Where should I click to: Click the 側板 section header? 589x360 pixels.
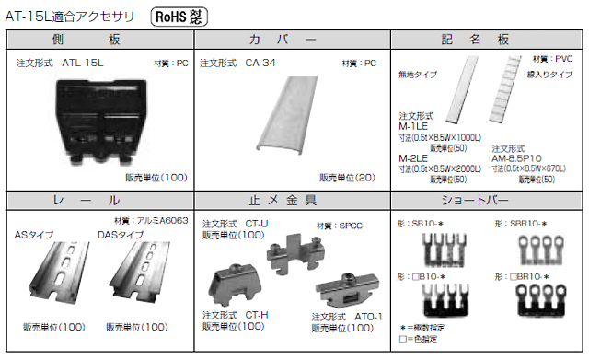[100, 40]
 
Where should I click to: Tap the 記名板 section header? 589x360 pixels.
[487, 40]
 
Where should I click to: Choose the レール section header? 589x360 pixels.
[100, 200]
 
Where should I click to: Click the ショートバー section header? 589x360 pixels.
[487, 200]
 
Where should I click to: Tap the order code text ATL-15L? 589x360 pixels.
[83, 64]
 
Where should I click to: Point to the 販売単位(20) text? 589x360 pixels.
[346, 178]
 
